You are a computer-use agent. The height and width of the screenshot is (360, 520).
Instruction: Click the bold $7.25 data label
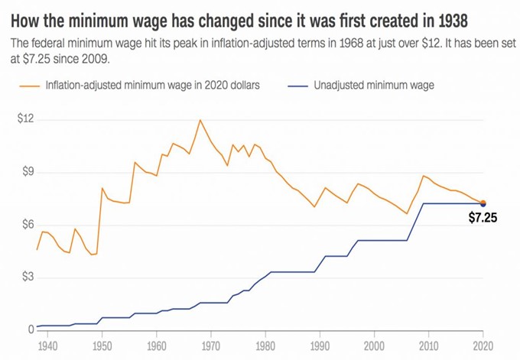pyautogui.click(x=483, y=218)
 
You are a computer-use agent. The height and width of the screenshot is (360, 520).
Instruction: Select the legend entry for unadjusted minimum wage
pyautogui.click(x=373, y=85)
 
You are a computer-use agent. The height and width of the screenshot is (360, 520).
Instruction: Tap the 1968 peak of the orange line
pyautogui.click(x=200, y=120)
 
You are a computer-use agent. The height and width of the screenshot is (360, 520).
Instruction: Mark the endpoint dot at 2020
pyautogui.click(x=483, y=203)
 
